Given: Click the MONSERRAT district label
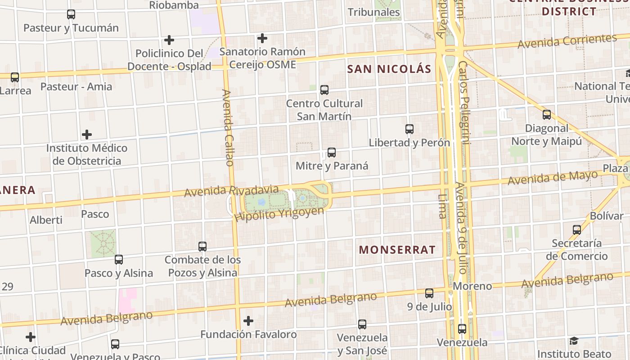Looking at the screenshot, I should (x=397, y=250).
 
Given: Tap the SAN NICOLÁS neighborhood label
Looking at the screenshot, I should (x=389, y=69).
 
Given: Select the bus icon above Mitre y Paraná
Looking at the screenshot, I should (x=332, y=153).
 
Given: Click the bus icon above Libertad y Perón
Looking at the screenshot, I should (x=409, y=129).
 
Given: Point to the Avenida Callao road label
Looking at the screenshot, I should (x=228, y=128).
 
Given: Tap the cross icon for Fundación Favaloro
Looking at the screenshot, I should (x=248, y=321).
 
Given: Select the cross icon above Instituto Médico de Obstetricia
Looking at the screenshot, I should (x=87, y=135).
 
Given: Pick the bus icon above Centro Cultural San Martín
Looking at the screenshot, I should (x=324, y=90).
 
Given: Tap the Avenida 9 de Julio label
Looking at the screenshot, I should (x=461, y=228).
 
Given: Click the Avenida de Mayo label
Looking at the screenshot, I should (x=553, y=178).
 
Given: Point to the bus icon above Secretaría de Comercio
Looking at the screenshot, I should (x=577, y=230).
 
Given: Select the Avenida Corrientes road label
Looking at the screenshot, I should (x=567, y=41).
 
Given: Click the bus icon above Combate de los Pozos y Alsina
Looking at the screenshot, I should (x=202, y=247).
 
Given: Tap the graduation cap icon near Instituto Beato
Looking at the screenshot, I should (x=574, y=341).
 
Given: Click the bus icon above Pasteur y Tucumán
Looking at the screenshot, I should (x=71, y=14).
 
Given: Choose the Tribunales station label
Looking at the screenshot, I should (x=374, y=12).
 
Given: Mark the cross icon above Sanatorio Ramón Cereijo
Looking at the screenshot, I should (x=262, y=38).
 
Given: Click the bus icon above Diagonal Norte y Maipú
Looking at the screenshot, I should (x=547, y=115).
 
